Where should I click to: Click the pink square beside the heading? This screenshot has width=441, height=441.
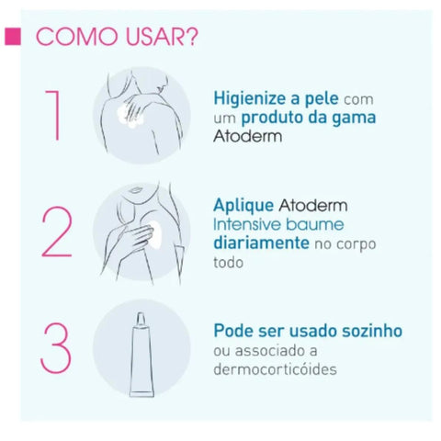[x=13, y=37]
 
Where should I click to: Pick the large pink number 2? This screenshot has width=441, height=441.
[x=57, y=232]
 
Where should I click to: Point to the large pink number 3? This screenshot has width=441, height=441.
[x=56, y=347]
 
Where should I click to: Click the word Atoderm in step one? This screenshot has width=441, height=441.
[x=247, y=136]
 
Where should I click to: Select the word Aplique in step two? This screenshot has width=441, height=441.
[x=243, y=206]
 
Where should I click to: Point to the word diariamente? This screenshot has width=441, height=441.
[x=261, y=243]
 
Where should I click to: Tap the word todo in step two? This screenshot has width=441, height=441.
[x=228, y=263]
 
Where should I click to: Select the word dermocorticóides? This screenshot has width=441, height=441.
[x=275, y=368]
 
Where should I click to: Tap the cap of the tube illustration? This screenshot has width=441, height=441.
[x=141, y=320]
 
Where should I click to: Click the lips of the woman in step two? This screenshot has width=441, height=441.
[x=133, y=190]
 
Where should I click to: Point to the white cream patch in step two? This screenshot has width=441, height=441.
[x=158, y=235]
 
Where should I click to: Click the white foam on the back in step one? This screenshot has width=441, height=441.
[x=129, y=117]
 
